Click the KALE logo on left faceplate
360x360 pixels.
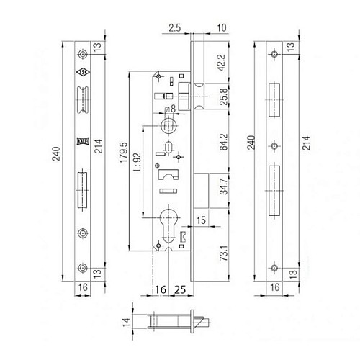pos(81,142)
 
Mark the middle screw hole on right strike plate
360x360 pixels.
pos(274,146)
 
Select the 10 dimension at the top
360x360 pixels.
pos(219,28)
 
